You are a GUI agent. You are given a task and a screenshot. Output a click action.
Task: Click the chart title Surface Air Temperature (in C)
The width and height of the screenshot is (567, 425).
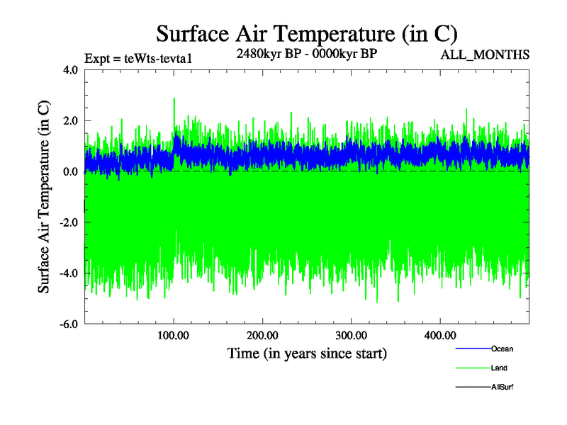(x=306, y=33)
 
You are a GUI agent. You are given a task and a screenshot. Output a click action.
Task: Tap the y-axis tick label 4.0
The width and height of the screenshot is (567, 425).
(x=69, y=70)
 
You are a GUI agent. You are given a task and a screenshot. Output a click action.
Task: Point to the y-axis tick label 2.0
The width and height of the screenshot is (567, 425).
(x=69, y=121)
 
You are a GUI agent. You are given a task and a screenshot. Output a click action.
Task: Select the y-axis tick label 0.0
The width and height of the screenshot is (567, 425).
(x=69, y=172)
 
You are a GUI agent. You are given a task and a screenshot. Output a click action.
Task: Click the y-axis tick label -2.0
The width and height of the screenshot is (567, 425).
(x=67, y=223)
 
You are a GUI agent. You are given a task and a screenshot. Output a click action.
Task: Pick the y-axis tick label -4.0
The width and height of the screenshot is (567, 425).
(x=67, y=274)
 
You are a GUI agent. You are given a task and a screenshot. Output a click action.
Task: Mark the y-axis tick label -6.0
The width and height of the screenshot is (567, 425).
(x=67, y=324)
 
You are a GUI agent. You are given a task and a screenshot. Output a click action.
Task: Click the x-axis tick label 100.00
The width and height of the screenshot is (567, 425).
(x=174, y=336)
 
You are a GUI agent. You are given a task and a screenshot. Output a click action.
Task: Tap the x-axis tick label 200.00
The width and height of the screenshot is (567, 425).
(x=262, y=336)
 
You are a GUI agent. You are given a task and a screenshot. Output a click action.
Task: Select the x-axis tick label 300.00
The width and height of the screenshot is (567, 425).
(x=351, y=336)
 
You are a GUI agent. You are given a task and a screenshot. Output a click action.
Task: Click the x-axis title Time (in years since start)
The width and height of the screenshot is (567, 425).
(x=307, y=353)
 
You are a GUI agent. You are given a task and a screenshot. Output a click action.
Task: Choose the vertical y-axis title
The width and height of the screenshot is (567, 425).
(x=44, y=197)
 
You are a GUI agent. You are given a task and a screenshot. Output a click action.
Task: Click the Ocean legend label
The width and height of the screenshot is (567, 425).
(x=502, y=349)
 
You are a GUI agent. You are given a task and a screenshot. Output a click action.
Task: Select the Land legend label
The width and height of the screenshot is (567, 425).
(x=499, y=368)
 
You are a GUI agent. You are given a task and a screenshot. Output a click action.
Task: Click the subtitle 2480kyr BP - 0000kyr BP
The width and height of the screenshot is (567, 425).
(x=306, y=53)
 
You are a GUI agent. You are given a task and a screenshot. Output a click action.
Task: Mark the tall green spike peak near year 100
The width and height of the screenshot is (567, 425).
(x=174, y=99)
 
